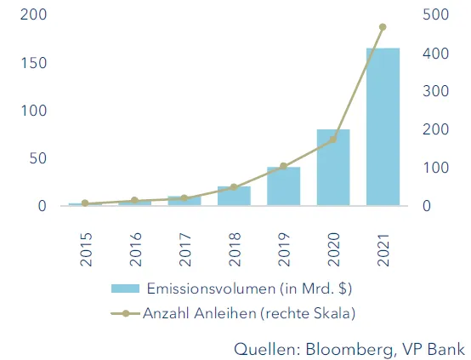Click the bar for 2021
383,127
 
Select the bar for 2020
333,168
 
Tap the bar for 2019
283,186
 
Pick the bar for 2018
234,196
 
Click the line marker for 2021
383,27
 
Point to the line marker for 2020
333,139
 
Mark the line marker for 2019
283,166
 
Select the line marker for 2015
85,203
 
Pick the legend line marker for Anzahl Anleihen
126,313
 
